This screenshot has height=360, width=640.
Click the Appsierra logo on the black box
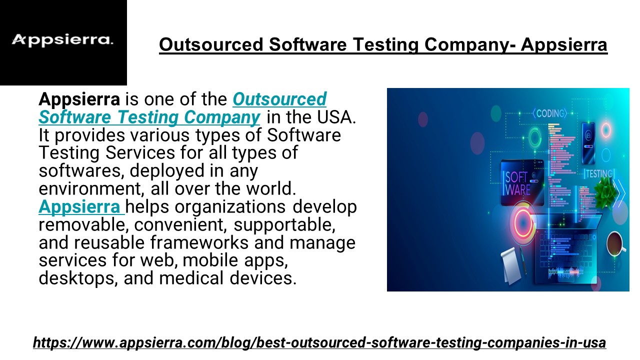click(62, 40)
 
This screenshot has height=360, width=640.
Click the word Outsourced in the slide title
click(211, 45)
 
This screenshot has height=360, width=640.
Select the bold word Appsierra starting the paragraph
click(79, 99)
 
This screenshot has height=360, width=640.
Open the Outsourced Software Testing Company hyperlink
click(182, 108)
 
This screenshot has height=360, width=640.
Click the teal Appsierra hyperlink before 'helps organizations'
click(80, 206)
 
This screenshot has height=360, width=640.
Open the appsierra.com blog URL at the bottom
click(319, 343)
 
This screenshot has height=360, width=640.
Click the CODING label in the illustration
click(549, 113)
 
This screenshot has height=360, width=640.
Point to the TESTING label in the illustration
click(599, 174)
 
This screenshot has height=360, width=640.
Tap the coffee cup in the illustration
click(616, 244)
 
